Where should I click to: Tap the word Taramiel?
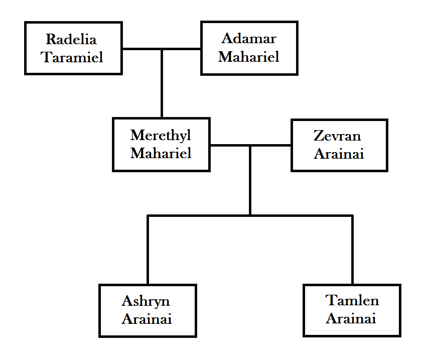[x=72, y=57]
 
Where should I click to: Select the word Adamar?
[x=249, y=39]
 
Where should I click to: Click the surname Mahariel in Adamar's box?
[x=249, y=57]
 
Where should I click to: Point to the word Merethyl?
[x=161, y=136]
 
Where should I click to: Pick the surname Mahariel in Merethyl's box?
[x=161, y=153]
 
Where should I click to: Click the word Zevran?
[x=337, y=136]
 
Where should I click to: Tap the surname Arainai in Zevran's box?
[x=339, y=154]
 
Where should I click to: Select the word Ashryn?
[x=146, y=301]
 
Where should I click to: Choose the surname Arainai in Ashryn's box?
[x=147, y=319]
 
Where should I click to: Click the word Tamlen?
[x=352, y=301]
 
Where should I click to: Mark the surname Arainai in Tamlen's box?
[x=351, y=319]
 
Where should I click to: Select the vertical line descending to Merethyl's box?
[x=162, y=85]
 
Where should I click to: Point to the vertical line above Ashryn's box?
[x=148, y=251]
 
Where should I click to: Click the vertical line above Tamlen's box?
[x=353, y=251]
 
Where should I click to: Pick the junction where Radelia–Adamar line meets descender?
[x=162, y=49]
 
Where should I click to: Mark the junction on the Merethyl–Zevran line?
[x=250, y=146]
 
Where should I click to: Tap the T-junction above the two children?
[x=250, y=216]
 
